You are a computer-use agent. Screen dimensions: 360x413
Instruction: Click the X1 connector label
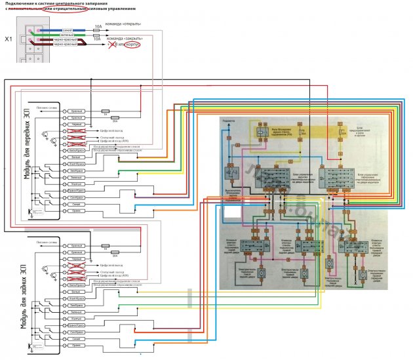point(8,39)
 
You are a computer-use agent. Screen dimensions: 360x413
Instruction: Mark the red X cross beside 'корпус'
point(111,45)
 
